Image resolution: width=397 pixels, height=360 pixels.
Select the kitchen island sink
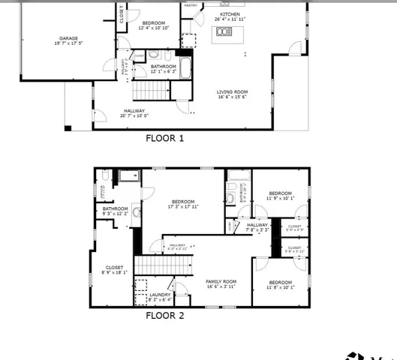click(223, 32)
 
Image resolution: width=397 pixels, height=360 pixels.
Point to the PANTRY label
click(191, 4)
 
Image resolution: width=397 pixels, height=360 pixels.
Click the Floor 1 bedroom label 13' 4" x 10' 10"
click(155, 25)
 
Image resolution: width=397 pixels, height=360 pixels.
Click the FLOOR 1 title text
click(164, 138)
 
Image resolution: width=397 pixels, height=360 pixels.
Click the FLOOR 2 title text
click(164, 316)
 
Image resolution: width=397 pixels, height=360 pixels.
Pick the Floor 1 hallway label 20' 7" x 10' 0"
click(135, 113)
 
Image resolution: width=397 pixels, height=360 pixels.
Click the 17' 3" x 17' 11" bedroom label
click(183, 204)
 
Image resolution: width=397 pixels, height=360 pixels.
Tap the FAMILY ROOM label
click(221, 283)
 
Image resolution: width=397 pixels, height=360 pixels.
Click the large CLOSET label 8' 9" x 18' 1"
click(115, 269)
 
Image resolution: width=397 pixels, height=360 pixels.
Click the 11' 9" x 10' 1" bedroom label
click(280, 195)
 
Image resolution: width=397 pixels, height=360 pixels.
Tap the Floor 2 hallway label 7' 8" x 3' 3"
click(257, 226)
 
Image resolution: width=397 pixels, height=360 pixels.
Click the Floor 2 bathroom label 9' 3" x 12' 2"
click(116, 211)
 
